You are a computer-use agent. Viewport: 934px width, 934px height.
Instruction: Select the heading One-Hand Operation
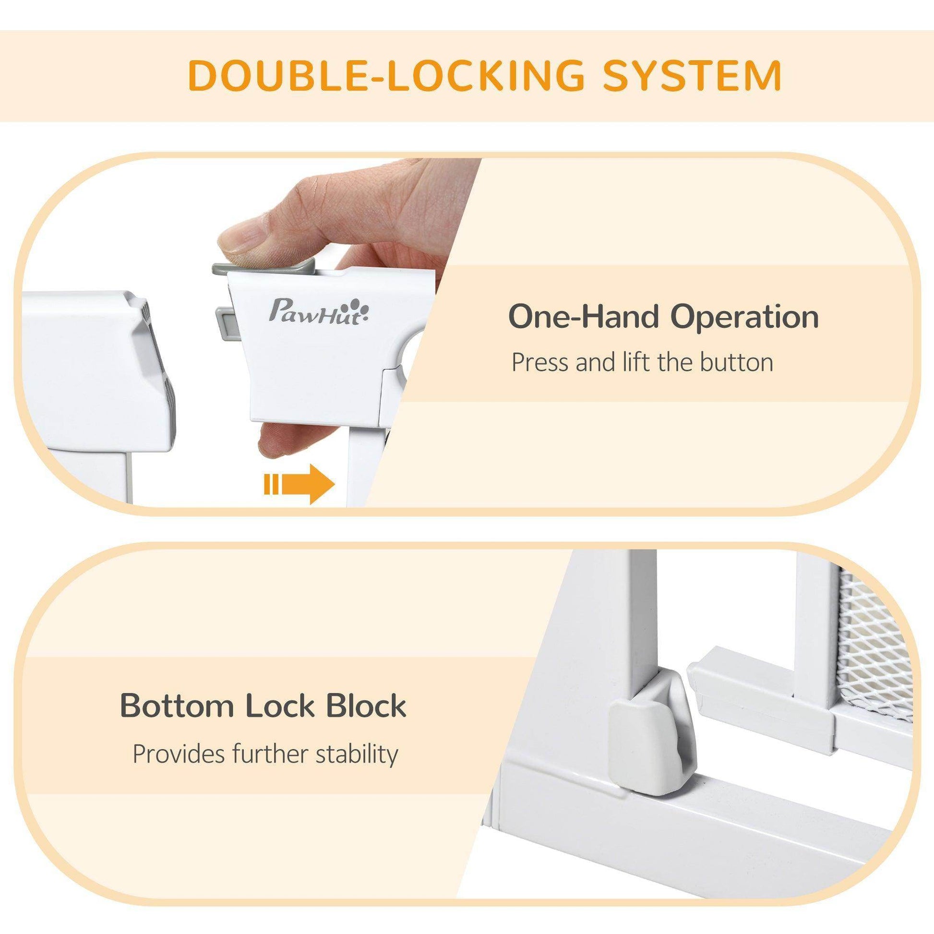click(663, 318)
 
